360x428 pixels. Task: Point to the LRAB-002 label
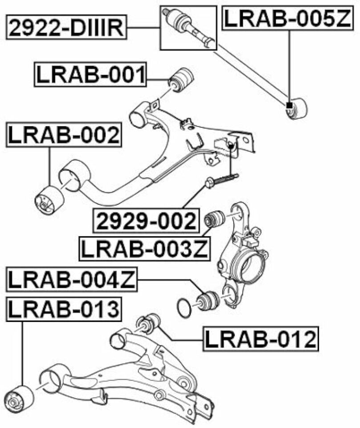64,136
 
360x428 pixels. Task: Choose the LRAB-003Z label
144,249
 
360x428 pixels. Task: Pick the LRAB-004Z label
72,280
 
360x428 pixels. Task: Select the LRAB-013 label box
64,309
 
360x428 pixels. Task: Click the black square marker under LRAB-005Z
289,105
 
